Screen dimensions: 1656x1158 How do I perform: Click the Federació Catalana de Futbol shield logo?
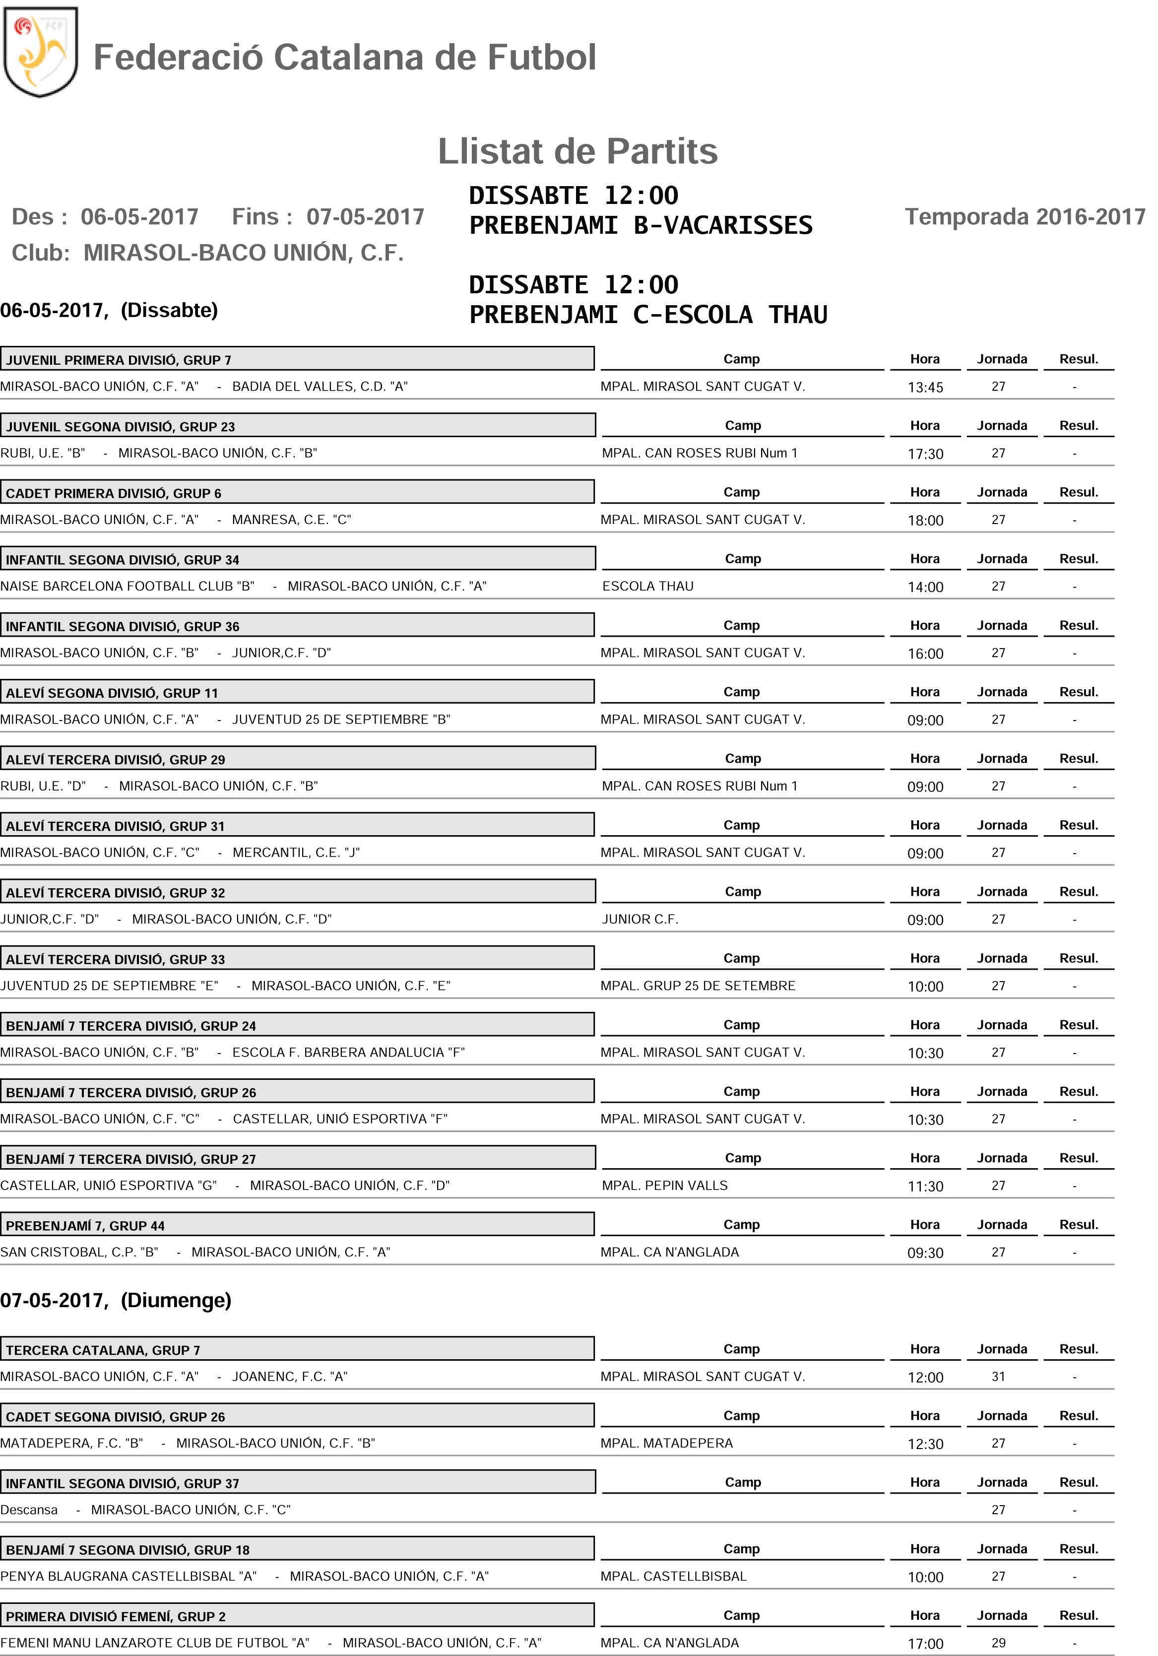coord(40,52)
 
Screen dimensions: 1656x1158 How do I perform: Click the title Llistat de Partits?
coord(578,151)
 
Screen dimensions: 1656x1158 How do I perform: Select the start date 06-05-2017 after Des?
coord(139,217)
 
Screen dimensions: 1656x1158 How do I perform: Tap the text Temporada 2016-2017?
coord(1025,216)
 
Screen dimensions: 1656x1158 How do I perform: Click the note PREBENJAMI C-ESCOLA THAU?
coord(647,315)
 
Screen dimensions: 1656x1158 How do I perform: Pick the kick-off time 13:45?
coord(925,387)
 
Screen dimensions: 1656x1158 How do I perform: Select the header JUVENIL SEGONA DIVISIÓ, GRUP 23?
coord(121,427)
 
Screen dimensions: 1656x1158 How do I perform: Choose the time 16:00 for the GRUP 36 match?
coord(925,654)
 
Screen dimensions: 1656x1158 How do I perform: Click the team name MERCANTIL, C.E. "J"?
coord(296,853)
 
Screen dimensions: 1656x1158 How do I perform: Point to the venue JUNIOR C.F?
coord(640,919)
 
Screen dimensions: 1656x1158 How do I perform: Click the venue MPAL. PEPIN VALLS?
coord(664,1185)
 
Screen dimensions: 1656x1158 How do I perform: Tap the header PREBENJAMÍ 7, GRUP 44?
coord(85,1225)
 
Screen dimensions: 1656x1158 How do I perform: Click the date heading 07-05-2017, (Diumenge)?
coord(116,1300)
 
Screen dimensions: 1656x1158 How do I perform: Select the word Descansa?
coord(29,1510)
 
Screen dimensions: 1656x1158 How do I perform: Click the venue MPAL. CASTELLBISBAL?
coord(673,1576)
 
